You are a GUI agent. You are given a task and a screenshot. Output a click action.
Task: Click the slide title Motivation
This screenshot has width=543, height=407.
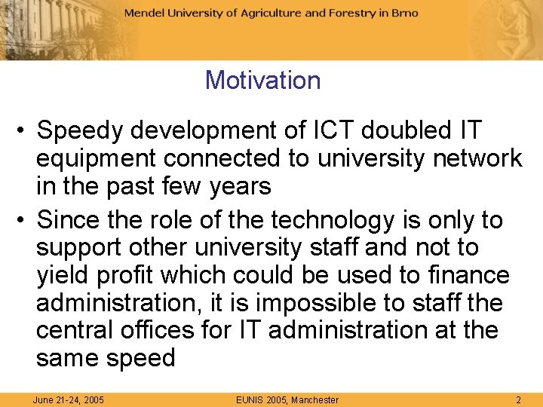pyautogui.click(x=262, y=80)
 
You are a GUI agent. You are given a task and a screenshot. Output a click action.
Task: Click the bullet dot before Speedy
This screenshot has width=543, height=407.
pyautogui.click(x=22, y=131)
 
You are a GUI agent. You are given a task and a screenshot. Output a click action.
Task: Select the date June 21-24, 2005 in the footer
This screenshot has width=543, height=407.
pyautogui.click(x=68, y=399)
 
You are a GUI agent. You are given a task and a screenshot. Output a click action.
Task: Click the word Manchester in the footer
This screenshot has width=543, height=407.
pyautogui.click(x=314, y=399)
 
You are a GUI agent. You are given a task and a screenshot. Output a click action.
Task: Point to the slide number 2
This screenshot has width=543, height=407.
pyautogui.click(x=518, y=399)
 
